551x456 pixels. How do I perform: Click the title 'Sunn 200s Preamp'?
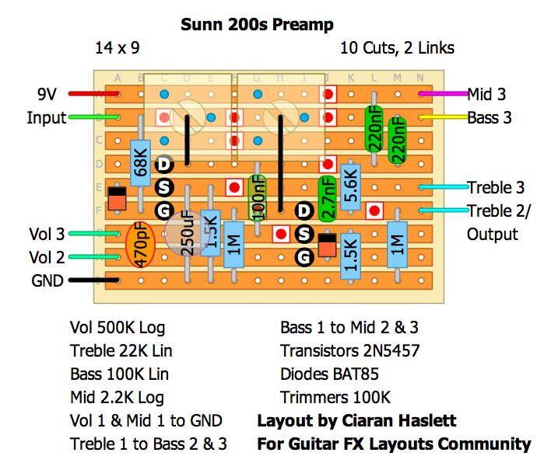point(257,24)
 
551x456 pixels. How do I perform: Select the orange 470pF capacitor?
point(140,245)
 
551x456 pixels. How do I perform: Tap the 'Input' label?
point(47,118)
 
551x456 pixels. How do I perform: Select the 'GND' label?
point(47,280)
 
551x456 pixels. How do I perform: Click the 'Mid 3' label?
point(486,95)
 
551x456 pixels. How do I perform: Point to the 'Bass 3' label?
point(490,118)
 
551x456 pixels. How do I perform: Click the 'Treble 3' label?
point(497,188)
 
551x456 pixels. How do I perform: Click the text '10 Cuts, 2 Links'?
point(397,48)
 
